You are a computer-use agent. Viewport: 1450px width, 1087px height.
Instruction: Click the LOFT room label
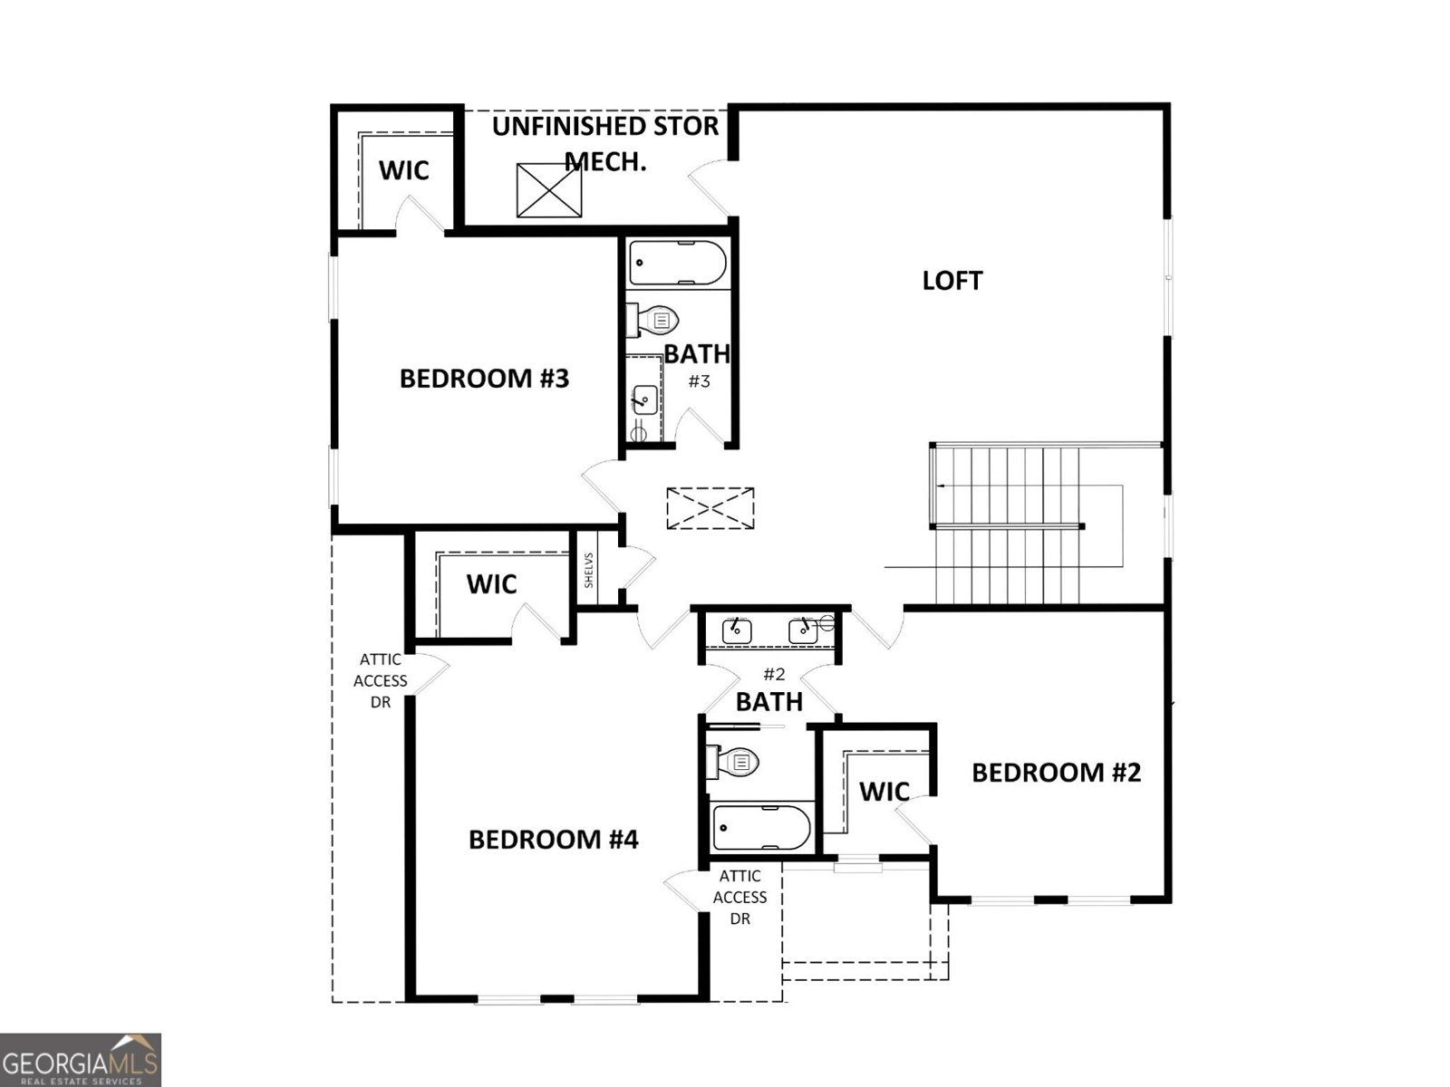(x=952, y=281)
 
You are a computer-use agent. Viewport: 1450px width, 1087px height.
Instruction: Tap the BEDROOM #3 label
(x=484, y=378)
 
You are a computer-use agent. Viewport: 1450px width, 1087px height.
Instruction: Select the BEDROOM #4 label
(x=553, y=840)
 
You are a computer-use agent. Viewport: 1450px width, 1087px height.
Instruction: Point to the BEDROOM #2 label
(x=1056, y=773)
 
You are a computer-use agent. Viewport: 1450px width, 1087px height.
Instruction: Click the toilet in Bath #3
(x=654, y=320)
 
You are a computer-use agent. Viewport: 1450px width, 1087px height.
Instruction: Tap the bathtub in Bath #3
(x=678, y=263)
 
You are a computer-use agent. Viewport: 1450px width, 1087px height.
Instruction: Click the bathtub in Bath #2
(x=761, y=827)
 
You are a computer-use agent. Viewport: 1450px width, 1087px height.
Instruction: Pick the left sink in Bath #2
(x=737, y=630)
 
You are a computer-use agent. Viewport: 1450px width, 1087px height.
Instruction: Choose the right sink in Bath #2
(x=803, y=630)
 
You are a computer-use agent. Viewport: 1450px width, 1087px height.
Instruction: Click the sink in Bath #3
(x=645, y=398)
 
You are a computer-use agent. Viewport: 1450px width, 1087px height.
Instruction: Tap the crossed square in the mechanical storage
(x=549, y=190)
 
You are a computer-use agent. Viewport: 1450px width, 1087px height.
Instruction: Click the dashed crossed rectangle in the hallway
(x=710, y=508)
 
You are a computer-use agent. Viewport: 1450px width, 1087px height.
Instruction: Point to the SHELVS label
(x=589, y=570)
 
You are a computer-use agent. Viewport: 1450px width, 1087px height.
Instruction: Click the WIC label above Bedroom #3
(x=403, y=170)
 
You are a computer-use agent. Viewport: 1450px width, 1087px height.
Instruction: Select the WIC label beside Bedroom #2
(x=884, y=792)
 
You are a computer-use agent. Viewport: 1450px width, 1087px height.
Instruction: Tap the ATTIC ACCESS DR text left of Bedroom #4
(x=381, y=680)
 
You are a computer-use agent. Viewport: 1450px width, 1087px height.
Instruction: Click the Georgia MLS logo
(x=81, y=1060)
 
